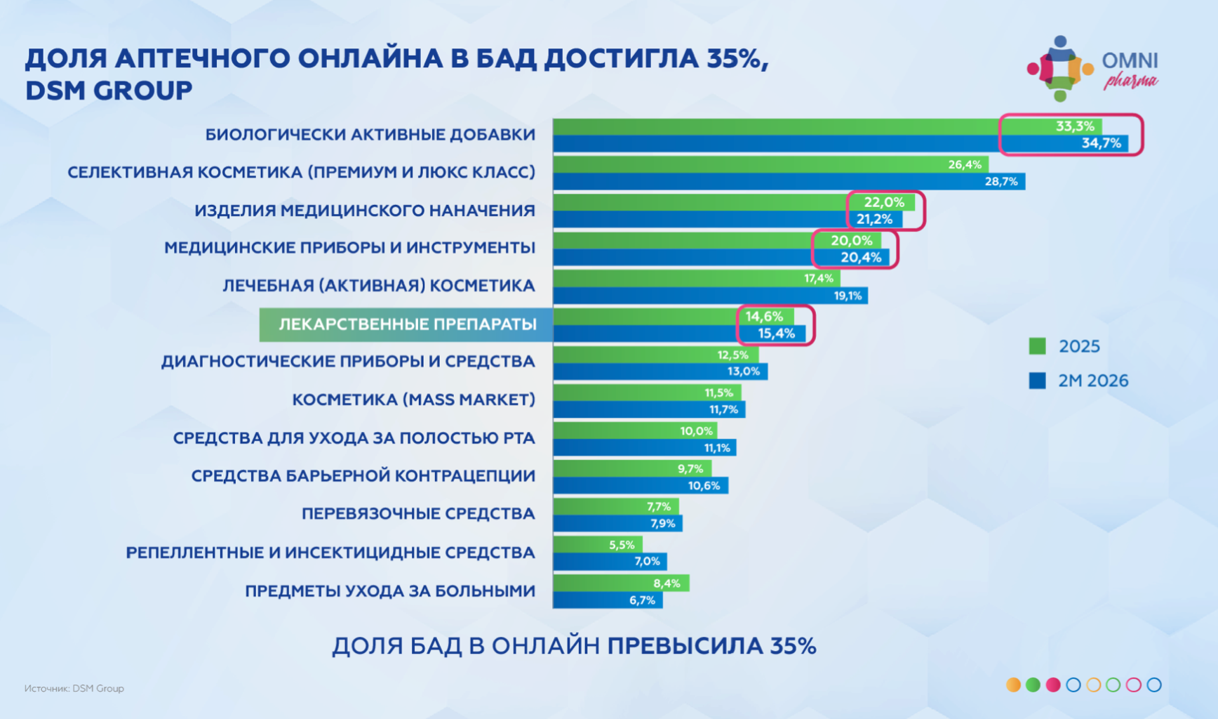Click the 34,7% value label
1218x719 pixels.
(x=1101, y=143)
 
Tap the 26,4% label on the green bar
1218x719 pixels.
(x=964, y=164)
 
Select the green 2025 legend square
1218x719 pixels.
(x=1037, y=346)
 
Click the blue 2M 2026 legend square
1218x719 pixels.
(x=1037, y=381)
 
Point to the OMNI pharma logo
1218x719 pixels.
(x=1092, y=69)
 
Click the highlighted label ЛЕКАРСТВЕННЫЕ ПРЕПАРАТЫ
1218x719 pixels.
(x=407, y=324)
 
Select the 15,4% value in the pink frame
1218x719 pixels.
(x=776, y=334)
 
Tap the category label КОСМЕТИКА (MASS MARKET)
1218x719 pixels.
(x=413, y=400)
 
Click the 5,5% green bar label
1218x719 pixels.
(x=621, y=545)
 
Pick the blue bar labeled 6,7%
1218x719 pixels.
(x=608, y=600)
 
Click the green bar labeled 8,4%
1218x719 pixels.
(x=621, y=583)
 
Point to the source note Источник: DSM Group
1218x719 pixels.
(x=74, y=688)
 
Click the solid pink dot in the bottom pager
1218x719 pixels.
(x=1053, y=685)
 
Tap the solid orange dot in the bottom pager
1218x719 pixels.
(x=1013, y=685)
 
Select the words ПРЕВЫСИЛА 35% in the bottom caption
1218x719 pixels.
(x=711, y=646)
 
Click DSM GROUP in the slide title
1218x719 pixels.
(x=109, y=91)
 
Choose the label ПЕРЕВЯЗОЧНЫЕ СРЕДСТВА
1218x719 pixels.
(x=418, y=514)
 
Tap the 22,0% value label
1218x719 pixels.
(x=883, y=202)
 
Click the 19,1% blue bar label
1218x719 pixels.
(x=848, y=296)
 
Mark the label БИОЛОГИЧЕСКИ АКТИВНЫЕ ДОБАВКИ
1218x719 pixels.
(x=370, y=135)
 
